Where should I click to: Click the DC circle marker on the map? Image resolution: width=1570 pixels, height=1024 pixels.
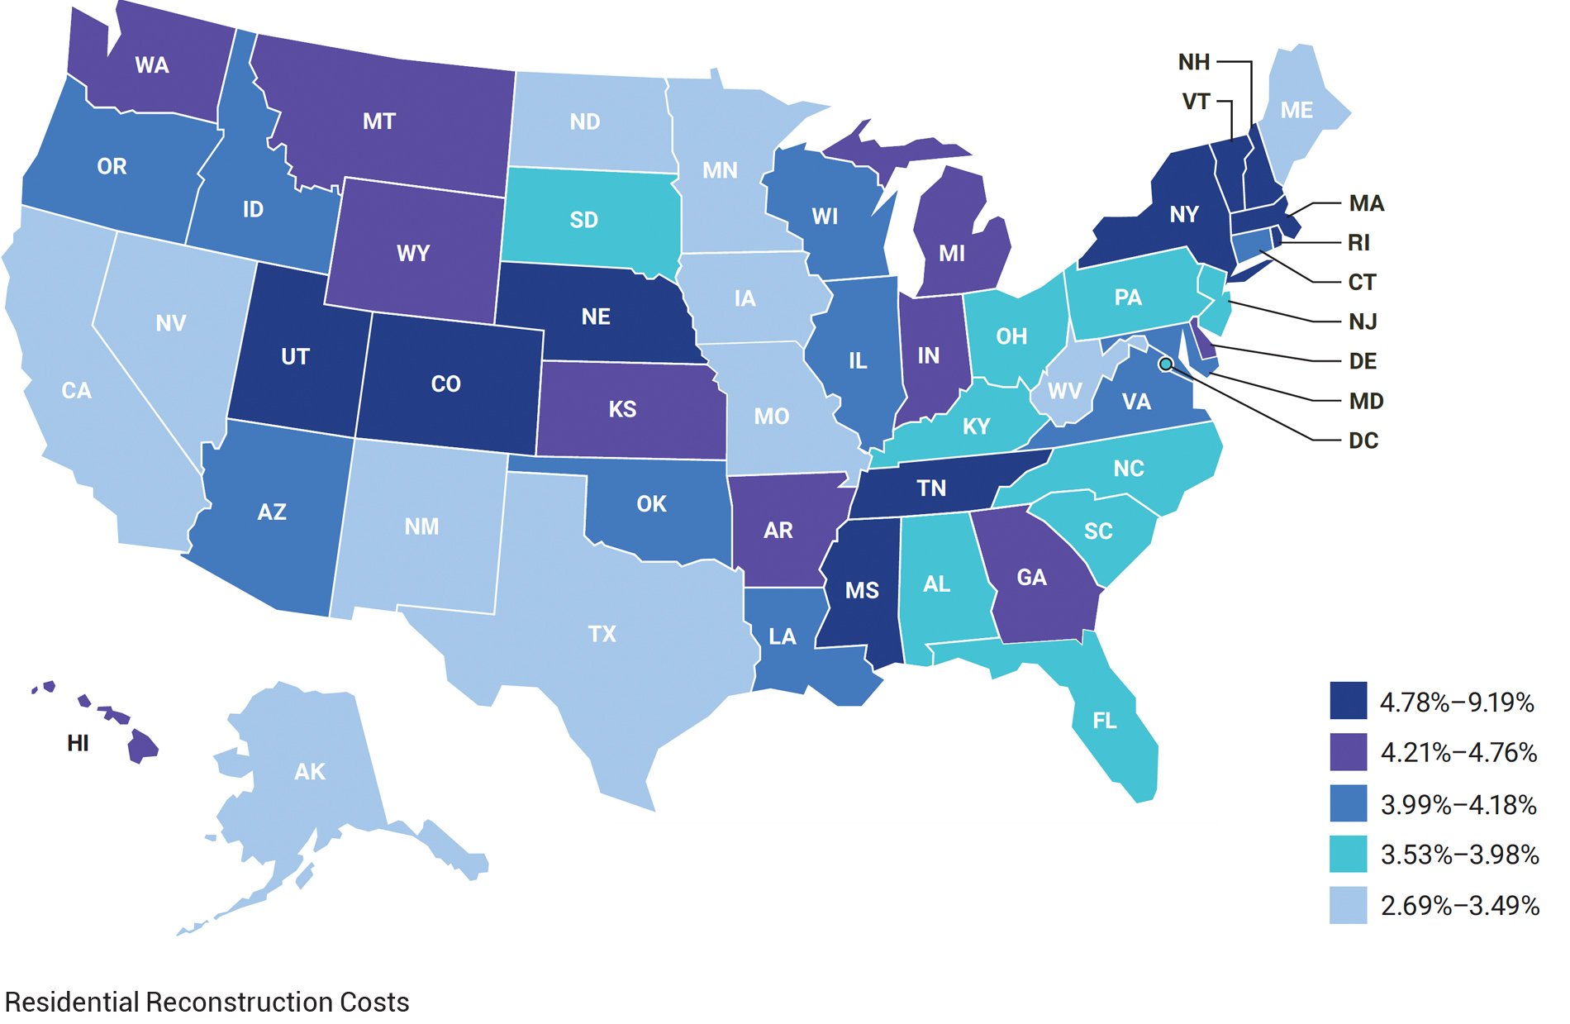click(1165, 364)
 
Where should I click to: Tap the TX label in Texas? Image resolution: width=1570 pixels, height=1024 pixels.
click(602, 634)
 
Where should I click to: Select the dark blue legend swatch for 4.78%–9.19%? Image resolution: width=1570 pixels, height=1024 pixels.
click(1348, 701)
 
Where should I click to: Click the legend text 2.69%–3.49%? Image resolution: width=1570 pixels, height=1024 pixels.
click(1459, 906)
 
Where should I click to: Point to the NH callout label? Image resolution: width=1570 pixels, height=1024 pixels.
click(1193, 62)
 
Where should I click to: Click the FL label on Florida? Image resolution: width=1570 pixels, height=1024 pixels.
click(1104, 721)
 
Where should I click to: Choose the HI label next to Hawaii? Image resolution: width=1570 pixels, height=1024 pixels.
click(78, 743)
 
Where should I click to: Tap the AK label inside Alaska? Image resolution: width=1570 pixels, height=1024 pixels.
click(309, 771)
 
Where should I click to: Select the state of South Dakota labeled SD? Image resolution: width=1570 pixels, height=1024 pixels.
click(583, 220)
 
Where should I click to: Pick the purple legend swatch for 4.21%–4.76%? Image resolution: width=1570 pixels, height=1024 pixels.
click(1348, 752)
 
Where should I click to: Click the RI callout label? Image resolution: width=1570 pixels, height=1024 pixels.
click(1358, 242)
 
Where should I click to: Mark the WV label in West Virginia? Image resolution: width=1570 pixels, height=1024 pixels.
click(1064, 390)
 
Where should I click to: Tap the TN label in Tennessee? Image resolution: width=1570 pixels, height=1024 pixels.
click(931, 488)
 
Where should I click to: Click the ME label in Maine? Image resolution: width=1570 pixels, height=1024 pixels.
click(1296, 110)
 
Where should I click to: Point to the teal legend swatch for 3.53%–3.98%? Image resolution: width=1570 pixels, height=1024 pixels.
click(1348, 854)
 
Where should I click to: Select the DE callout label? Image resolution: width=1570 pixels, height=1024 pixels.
click(1362, 361)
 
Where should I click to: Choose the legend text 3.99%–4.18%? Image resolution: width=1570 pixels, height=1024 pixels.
click(1458, 804)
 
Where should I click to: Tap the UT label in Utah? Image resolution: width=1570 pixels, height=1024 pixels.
click(295, 356)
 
